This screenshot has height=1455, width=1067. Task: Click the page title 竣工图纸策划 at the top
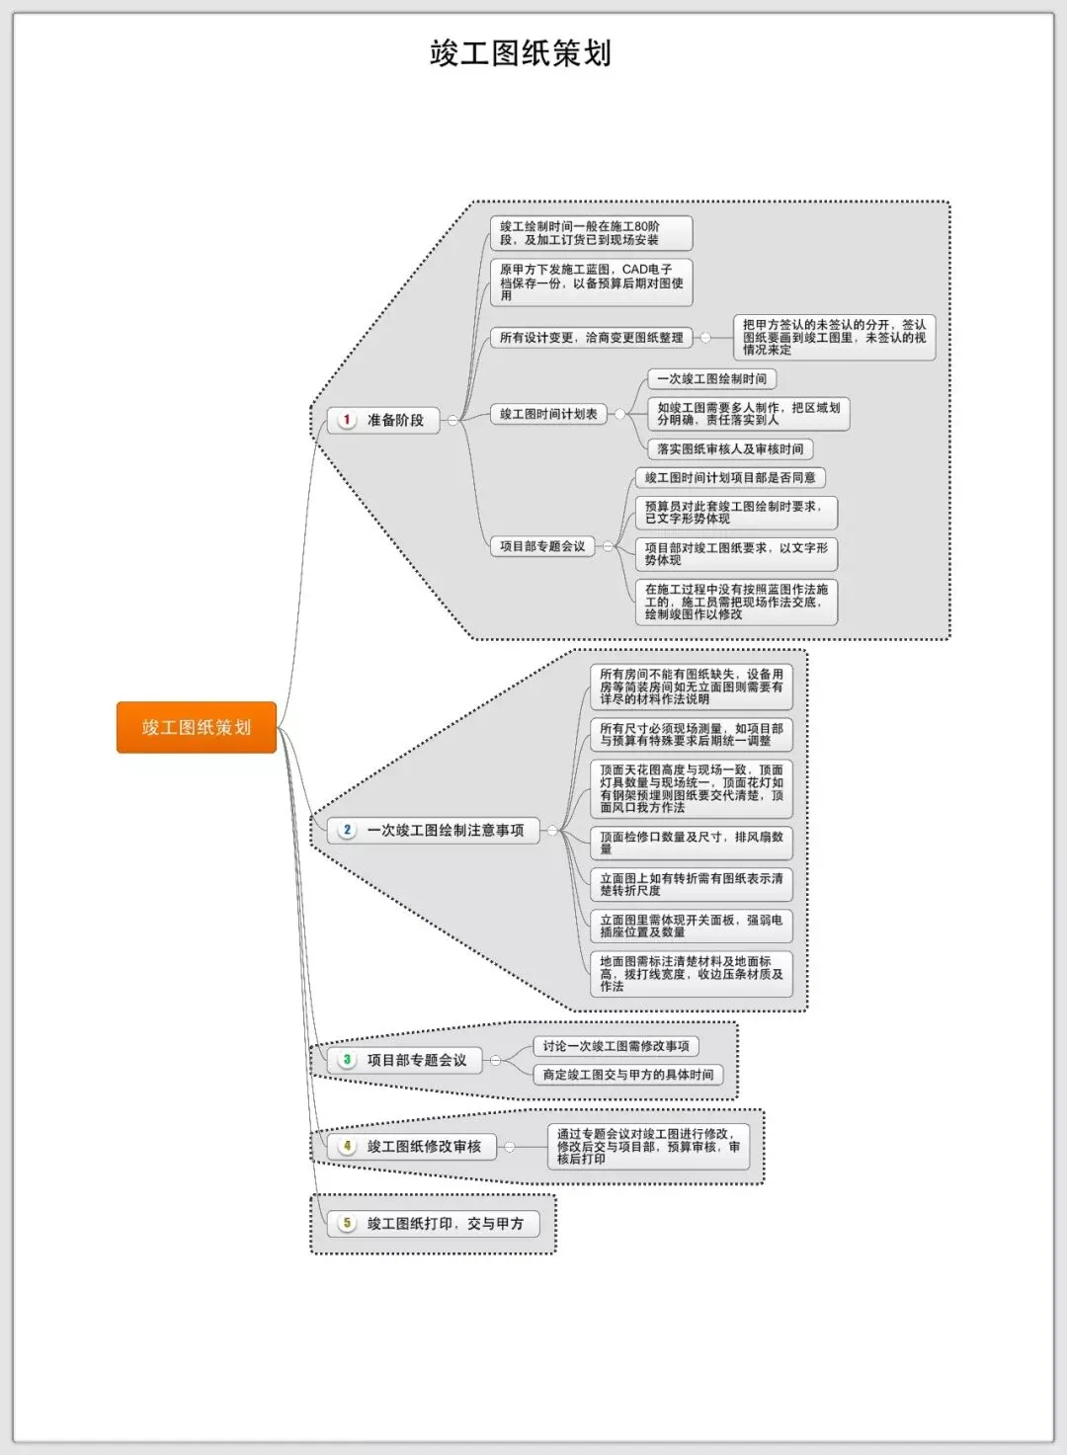521,53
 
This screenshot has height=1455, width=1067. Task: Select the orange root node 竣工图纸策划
196,728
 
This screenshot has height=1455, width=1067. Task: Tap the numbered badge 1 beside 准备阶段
347,420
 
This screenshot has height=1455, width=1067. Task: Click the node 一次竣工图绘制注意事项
445,831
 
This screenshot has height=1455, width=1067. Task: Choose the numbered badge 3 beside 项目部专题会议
347,1060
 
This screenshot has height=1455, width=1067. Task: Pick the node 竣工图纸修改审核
423,1147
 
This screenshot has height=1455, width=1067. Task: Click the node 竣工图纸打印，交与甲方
445,1224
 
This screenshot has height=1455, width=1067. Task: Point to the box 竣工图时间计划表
548,414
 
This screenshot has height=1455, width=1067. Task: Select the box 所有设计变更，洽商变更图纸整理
591,338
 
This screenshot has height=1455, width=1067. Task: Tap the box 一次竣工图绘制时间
711,379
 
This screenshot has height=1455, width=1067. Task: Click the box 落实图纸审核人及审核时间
730,449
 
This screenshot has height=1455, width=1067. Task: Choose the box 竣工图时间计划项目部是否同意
730,478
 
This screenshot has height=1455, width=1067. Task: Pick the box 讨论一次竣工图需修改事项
616,1046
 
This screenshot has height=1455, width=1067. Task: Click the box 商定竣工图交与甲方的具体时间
627,1075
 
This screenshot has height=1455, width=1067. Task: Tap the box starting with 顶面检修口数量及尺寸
691,843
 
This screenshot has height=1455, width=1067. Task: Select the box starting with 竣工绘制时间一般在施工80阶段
591,233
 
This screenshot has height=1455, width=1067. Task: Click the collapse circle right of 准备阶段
452,420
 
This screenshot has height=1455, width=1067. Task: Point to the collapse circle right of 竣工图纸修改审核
510,1147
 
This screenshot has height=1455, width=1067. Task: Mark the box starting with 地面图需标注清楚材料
691,973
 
